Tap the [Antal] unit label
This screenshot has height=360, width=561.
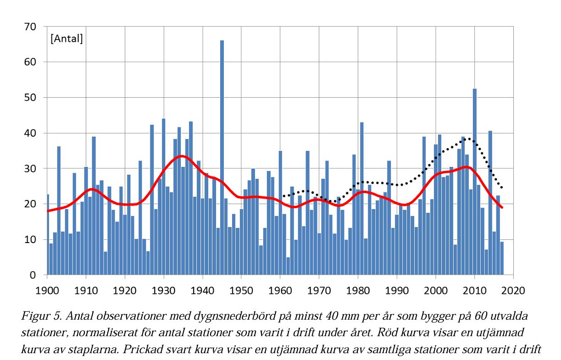67,39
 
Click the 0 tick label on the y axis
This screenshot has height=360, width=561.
33,275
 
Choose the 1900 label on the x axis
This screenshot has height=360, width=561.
47,290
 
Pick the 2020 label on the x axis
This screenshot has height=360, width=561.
514,290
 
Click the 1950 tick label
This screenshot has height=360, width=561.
241,290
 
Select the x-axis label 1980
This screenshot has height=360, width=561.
358,290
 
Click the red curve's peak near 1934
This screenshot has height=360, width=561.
182,156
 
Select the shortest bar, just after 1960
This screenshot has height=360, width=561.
288,266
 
